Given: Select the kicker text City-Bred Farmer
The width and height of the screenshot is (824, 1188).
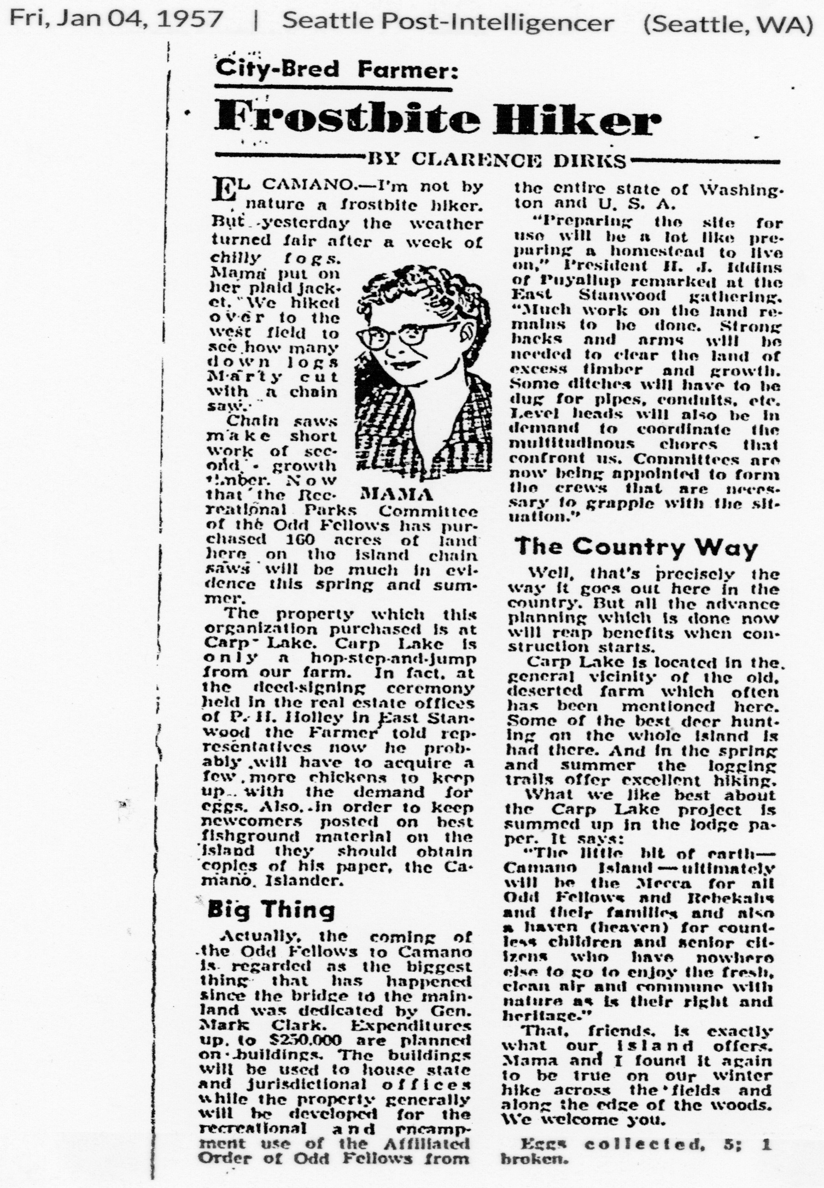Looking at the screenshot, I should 336,70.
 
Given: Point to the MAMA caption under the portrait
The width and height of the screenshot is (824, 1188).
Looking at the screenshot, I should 397,495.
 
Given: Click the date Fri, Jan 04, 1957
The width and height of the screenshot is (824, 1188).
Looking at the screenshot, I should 116,21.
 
